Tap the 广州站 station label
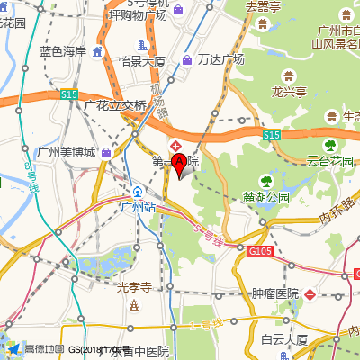coord(138,207)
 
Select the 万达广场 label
coord(221,59)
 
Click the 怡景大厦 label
coord(142,61)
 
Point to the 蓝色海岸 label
coord(63,51)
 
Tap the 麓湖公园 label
coord(265,197)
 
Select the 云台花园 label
coord(330,162)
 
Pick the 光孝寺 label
coord(134,288)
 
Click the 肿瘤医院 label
coord(274,294)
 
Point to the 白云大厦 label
coord(284,339)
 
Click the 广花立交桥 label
coord(114,105)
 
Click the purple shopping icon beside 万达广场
coord(186,60)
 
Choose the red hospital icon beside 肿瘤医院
coord(310,294)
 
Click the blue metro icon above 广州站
coord(138,192)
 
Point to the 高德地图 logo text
coord(44,349)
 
